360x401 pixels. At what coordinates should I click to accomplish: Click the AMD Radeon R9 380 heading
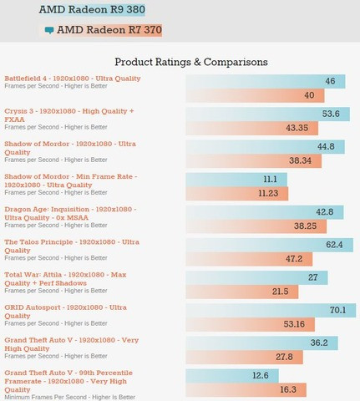pyautogui.click(x=92, y=9)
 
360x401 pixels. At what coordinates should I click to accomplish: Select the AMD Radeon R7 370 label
pyautogui.click(x=109, y=30)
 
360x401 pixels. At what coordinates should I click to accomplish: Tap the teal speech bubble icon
pyautogui.click(x=49, y=30)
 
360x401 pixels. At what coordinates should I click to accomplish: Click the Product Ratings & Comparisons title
pyautogui.click(x=191, y=62)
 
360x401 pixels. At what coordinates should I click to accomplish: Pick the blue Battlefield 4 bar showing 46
pyautogui.click(x=266, y=81)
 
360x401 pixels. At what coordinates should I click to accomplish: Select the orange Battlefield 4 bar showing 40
pyautogui.click(x=255, y=95)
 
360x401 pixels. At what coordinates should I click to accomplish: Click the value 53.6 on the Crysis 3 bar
pyautogui.click(x=331, y=114)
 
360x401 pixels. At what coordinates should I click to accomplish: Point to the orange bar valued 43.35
pyautogui.click(x=252, y=128)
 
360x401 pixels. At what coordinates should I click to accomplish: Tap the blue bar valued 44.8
pyautogui.click(x=266, y=147)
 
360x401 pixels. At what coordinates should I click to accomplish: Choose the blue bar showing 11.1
pyautogui.click(x=236, y=180)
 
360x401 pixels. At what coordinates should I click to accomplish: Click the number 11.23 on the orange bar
pyautogui.click(x=268, y=193)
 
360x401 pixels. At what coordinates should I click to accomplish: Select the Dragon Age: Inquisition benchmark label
pyautogui.click(x=70, y=213)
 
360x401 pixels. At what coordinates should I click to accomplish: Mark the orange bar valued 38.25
pyautogui.click(x=256, y=226)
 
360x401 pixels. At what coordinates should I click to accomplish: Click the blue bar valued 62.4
pyautogui.click(x=270, y=245)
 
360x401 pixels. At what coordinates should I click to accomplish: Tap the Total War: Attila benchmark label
pyautogui.click(x=65, y=279)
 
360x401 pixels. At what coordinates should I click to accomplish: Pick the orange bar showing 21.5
pyautogui.click(x=242, y=292)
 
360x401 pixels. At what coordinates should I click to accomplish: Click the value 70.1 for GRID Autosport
pyautogui.click(x=337, y=310)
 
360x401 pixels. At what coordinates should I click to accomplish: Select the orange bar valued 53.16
pyautogui.click(x=251, y=324)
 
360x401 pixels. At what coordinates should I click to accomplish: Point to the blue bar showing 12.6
pyautogui.click(x=232, y=376)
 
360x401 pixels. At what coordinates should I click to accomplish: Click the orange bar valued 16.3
pyautogui.click(x=246, y=390)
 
